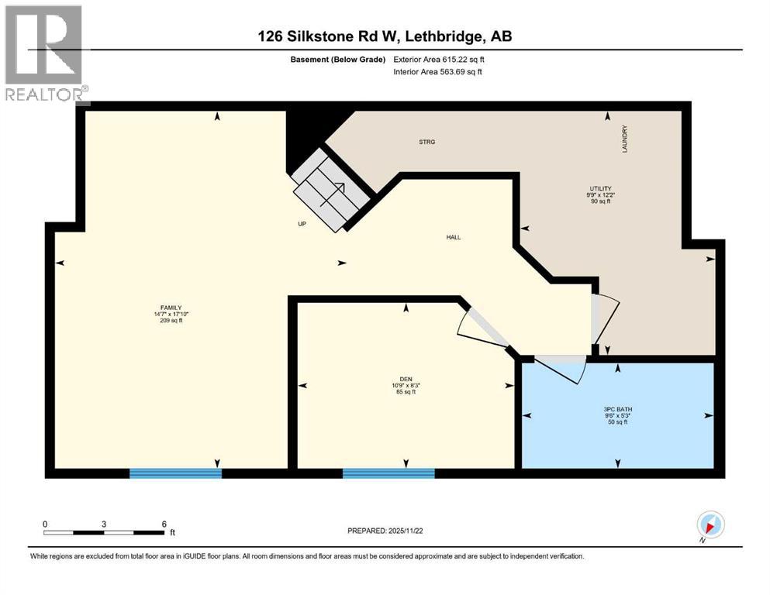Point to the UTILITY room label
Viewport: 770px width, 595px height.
(600, 188)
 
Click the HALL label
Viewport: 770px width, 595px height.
(454, 237)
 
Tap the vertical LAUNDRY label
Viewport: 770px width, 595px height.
(623, 139)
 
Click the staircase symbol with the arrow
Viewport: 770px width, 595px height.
(330, 189)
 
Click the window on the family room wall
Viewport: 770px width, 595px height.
(175, 473)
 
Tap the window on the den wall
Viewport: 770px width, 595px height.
(388, 473)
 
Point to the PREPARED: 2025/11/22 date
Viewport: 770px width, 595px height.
(385, 531)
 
